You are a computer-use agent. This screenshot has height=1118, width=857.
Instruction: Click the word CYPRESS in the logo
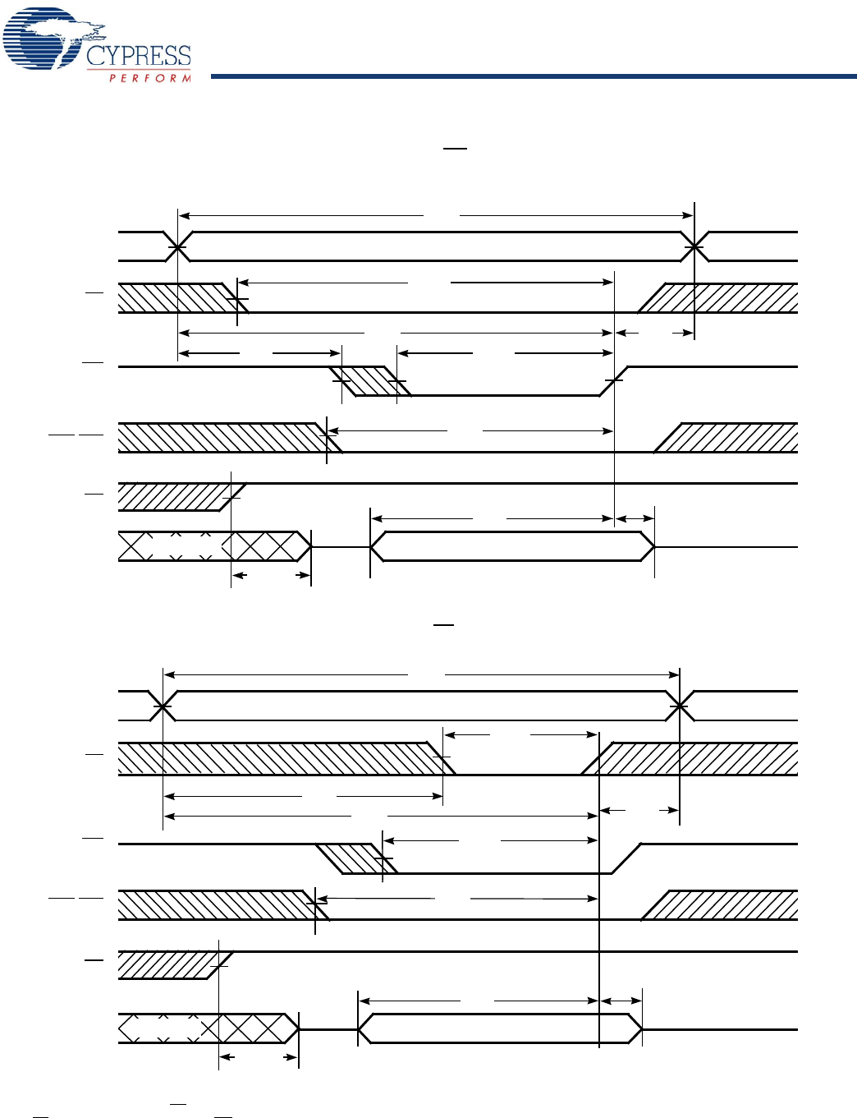tap(138, 56)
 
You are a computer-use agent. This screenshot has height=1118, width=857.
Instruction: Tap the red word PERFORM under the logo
tap(150, 78)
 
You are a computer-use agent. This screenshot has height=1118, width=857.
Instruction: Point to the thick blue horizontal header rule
tap(534, 76)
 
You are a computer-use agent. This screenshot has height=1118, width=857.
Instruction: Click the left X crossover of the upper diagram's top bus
tap(177, 246)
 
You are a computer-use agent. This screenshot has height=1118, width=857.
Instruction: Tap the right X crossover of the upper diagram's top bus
tap(694, 246)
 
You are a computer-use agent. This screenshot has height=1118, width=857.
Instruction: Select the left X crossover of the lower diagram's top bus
tap(163, 706)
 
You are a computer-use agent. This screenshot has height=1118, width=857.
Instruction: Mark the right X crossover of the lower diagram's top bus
tap(680, 706)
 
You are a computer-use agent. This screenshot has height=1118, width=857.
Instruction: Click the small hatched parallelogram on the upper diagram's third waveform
tap(369, 381)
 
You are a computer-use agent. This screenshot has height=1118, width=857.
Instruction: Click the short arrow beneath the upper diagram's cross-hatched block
tap(271, 575)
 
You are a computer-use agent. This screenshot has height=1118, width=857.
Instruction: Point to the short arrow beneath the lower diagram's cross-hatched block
tap(258, 1057)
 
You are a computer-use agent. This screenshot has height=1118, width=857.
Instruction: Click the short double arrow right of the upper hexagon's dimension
tap(635, 518)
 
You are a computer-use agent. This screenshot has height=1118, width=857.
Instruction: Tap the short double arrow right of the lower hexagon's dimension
tap(621, 1001)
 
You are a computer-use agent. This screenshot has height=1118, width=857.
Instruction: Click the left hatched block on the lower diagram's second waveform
tap(279, 758)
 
